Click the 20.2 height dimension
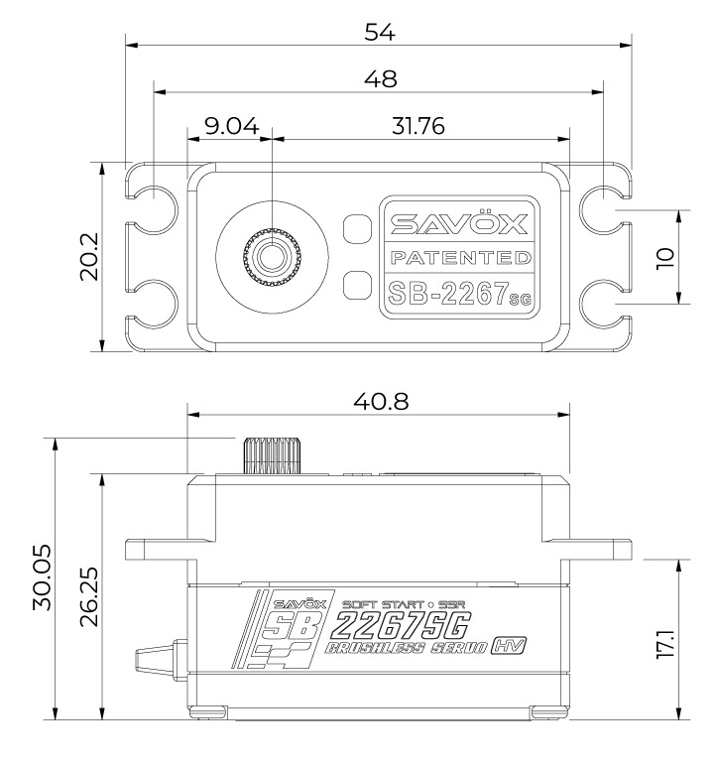[x=88, y=257]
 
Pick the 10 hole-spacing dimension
[x=664, y=257]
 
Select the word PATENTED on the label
[x=459, y=259]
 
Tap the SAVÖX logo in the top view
[x=459, y=223]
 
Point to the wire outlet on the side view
[x=157, y=659]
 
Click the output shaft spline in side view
[x=268, y=457]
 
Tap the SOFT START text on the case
[x=376, y=603]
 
